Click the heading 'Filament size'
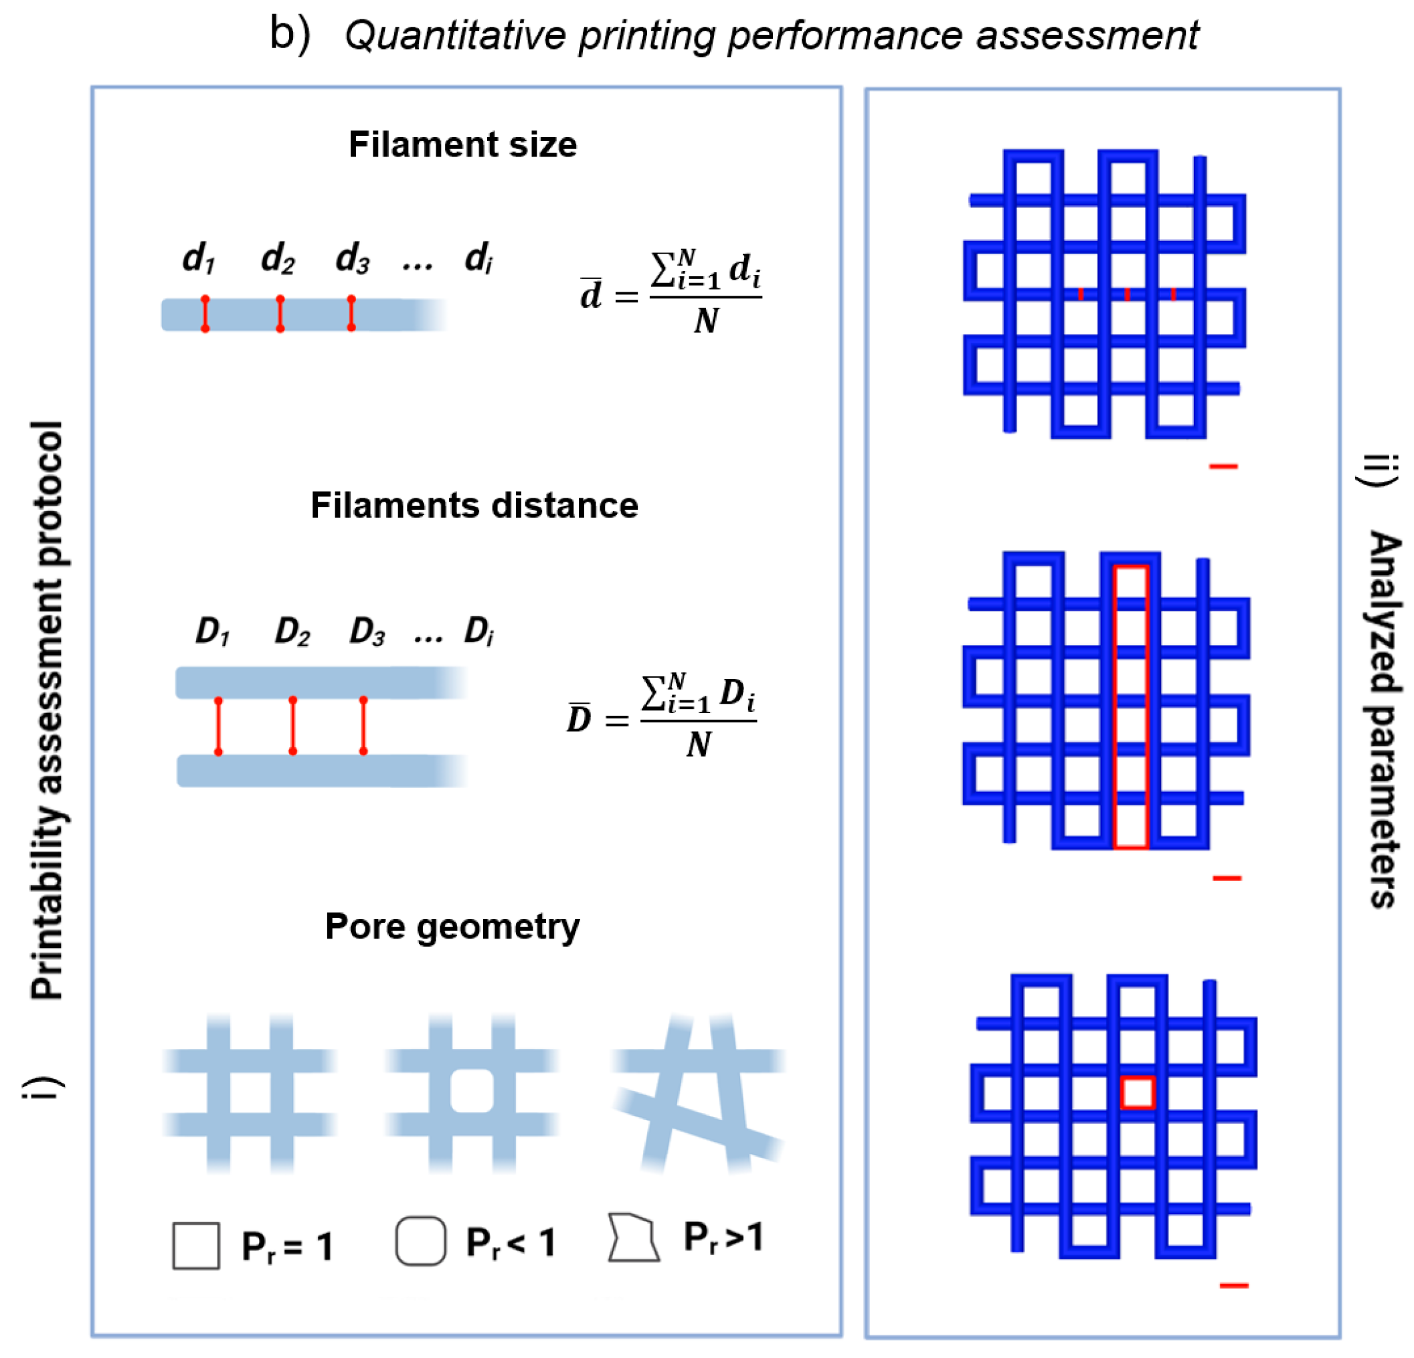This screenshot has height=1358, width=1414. click(x=462, y=144)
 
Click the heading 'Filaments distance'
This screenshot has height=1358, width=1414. click(x=474, y=505)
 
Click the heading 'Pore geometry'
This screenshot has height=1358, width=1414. click(x=452, y=926)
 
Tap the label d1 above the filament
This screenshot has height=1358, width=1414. click(x=198, y=258)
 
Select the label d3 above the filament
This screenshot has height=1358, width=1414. click(x=352, y=258)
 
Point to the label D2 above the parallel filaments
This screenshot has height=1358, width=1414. click(x=292, y=632)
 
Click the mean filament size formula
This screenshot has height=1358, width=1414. click(x=671, y=292)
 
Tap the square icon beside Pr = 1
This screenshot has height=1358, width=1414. click(x=196, y=1246)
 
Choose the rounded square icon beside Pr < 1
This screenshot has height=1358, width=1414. click(x=421, y=1241)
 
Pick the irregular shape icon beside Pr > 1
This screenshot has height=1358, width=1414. click(x=634, y=1238)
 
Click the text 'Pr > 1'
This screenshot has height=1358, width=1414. click(x=722, y=1238)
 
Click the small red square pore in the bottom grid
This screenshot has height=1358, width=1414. click(x=1137, y=1092)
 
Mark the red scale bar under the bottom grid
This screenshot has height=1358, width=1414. click(x=1233, y=1285)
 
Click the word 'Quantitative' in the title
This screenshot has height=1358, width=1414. click(x=455, y=35)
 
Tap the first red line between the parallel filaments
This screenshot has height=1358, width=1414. click(x=219, y=726)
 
